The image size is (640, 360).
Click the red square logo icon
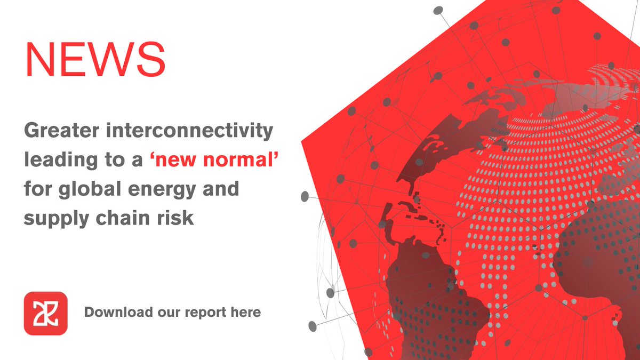[x=46, y=313]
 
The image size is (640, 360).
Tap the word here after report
[x=244, y=312]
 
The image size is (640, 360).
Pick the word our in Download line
[x=166, y=313]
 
